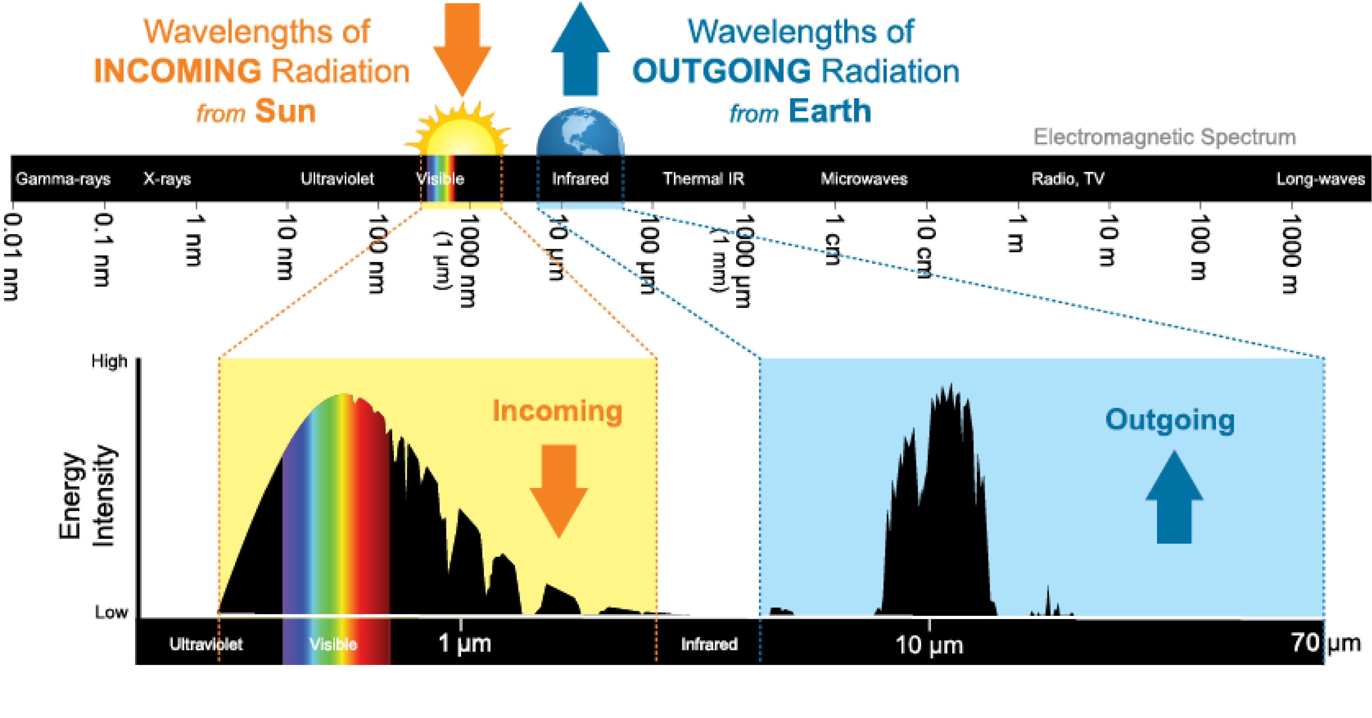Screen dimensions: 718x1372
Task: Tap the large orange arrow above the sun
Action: [462, 48]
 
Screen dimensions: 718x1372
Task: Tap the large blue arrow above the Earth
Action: [580, 51]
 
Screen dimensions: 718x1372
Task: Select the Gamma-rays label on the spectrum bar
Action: [63, 179]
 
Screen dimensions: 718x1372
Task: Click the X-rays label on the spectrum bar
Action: [167, 179]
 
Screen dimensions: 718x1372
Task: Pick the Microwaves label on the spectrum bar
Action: [863, 179]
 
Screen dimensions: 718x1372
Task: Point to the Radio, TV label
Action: [1067, 179]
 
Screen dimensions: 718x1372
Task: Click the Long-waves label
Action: [1321, 179]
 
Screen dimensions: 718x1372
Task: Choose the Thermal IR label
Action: [703, 179]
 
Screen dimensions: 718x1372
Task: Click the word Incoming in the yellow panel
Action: [557, 411]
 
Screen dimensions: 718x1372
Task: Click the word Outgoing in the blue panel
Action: [1170, 420]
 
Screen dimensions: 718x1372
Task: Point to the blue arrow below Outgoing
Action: [1174, 498]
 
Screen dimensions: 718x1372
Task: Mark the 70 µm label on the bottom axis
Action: [1325, 643]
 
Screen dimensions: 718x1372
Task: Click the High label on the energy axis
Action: [109, 361]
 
